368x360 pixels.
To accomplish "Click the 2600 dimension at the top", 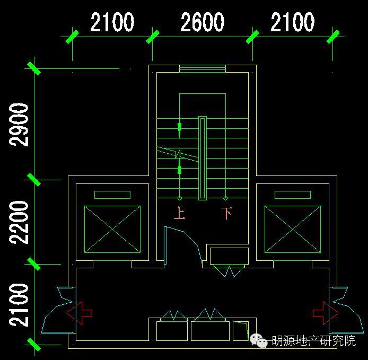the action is point(202,23).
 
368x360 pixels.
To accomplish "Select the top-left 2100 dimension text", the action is point(112,23).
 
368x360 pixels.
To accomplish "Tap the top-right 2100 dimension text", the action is point(292,23).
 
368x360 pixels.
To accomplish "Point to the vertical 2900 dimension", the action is point(20,125).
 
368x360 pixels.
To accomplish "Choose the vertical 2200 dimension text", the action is point(20,222).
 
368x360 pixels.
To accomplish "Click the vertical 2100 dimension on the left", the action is point(20,305).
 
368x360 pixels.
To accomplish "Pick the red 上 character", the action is point(179,214).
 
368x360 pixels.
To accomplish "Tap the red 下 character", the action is point(226,214).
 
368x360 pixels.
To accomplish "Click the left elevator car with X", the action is point(112,229).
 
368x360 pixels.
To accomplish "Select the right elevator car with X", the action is point(293,229).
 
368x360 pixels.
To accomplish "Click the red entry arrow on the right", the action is point(326,312).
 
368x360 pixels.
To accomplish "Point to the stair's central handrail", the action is point(202,158).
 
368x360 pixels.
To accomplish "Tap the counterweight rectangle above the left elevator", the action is point(112,195).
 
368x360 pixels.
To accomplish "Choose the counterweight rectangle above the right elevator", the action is point(293,195).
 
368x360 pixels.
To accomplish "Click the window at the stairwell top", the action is point(202,68).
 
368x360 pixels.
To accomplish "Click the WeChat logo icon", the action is point(259,341).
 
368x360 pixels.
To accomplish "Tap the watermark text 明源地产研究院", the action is point(313,341).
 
